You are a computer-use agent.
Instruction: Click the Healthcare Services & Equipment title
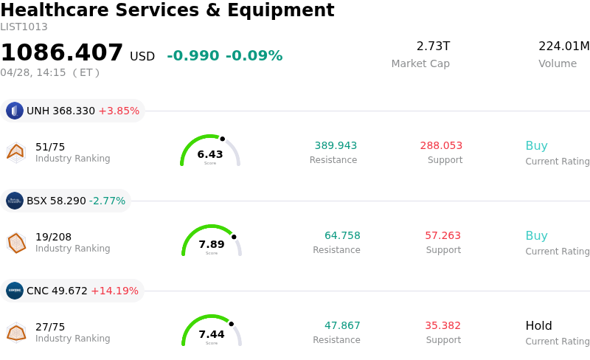167,11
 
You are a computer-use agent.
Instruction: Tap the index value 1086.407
62,53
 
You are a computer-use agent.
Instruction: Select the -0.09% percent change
254,56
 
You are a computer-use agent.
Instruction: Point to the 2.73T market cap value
433,46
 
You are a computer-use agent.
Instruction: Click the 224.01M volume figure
563,46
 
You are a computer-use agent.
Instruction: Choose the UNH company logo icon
15,111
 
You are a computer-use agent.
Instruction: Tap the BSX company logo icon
15,201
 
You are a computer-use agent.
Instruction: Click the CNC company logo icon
15,291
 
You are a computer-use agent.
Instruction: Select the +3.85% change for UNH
119,111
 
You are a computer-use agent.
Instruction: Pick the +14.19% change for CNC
114,291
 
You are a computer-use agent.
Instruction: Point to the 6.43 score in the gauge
210,154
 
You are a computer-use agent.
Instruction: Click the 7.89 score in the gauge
212,244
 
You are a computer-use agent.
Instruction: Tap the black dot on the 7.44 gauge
231,324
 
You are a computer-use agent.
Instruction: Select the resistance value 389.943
336,146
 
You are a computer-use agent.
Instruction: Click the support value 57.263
442,236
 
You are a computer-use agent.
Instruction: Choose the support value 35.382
442,326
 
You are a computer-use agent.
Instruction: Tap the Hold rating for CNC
538,326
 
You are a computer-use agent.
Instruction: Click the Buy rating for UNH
536,146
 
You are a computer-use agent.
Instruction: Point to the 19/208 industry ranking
54,237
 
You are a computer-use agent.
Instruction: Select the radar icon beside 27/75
16,333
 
